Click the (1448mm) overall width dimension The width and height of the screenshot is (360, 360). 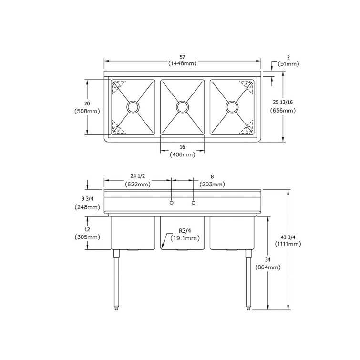pos(183,63)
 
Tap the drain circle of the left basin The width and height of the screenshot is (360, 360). pos(133,107)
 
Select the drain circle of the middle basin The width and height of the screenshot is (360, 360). pos(182,107)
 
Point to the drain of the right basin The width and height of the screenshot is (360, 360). pos(232,107)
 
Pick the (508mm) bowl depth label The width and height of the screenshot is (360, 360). pos(87,112)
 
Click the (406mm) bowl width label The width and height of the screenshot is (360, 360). pos(183,154)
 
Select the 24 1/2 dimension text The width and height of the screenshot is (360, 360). pos(138,176)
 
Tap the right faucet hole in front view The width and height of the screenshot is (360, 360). pos(194,204)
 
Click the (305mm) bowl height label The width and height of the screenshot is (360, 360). pos(87,237)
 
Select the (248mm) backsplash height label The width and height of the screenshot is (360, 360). pos(87,207)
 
